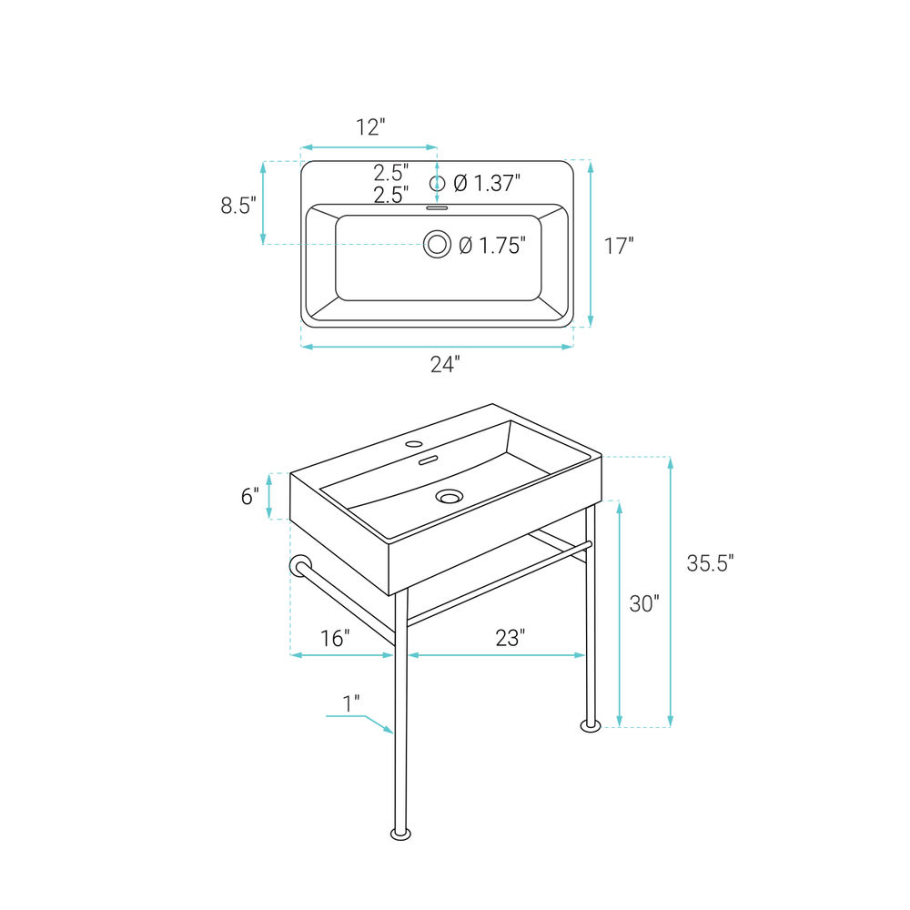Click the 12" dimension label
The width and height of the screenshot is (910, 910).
pyautogui.click(x=370, y=127)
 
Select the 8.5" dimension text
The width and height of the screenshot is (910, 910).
pyautogui.click(x=238, y=206)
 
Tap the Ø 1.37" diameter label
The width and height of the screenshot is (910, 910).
pyautogui.click(x=487, y=184)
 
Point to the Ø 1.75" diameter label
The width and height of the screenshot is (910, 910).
pyautogui.click(x=492, y=246)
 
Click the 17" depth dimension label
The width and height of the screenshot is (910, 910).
pyautogui.click(x=619, y=246)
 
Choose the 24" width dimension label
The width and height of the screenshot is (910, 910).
pyautogui.click(x=445, y=365)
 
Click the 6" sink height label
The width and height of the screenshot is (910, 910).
pyautogui.click(x=250, y=496)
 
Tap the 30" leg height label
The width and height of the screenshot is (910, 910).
pyautogui.click(x=645, y=603)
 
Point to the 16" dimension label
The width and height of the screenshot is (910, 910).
pyautogui.click(x=336, y=639)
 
